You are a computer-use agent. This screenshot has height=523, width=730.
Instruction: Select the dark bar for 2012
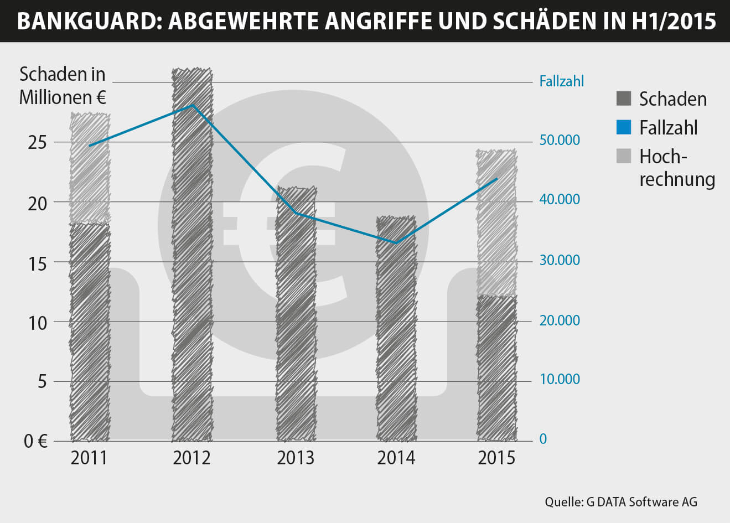coord(192,255)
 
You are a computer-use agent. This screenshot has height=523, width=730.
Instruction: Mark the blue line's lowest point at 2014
coord(396,242)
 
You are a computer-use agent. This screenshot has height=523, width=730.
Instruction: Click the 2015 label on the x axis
coord(496,458)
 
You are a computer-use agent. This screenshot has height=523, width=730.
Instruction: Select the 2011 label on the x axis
coord(89,458)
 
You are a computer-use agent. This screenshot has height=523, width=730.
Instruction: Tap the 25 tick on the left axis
coord(38,143)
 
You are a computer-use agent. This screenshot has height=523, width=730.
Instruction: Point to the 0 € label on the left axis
coord(35,441)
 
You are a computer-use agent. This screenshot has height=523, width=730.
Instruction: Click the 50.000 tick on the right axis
coord(560,140)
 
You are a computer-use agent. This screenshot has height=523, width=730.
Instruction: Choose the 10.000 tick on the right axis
coord(560,380)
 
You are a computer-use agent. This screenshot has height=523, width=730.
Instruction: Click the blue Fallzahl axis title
coord(561,81)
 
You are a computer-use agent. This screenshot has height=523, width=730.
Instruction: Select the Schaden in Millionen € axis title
coord(63,86)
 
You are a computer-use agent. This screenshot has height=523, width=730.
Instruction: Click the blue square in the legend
coord(623,127)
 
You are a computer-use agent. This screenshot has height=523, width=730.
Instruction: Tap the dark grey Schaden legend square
coord(623,99)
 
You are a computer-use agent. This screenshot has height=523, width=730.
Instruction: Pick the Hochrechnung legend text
coord(676,168)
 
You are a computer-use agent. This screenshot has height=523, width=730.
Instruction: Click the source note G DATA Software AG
coord(621,502)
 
